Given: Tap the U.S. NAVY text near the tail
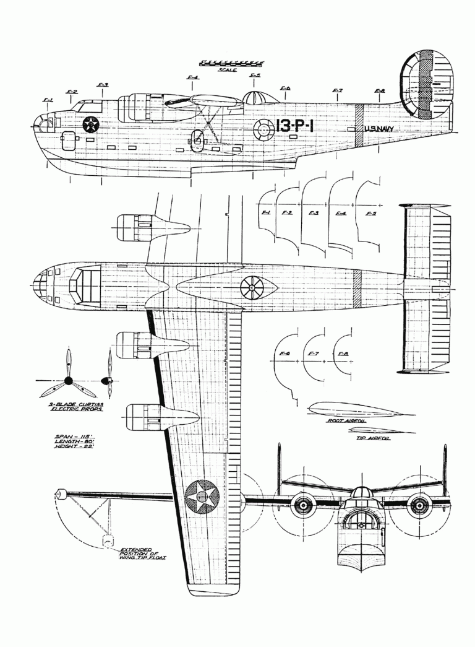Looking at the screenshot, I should tap(379, 129).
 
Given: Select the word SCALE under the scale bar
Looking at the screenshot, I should tap(227, 70).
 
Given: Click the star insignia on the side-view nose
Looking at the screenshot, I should tap(91, 124).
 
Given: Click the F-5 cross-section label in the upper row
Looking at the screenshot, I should tap(371, 214).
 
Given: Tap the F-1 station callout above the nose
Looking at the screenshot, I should tap(48, 99).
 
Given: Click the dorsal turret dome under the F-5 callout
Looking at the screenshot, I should tap(255, 97).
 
